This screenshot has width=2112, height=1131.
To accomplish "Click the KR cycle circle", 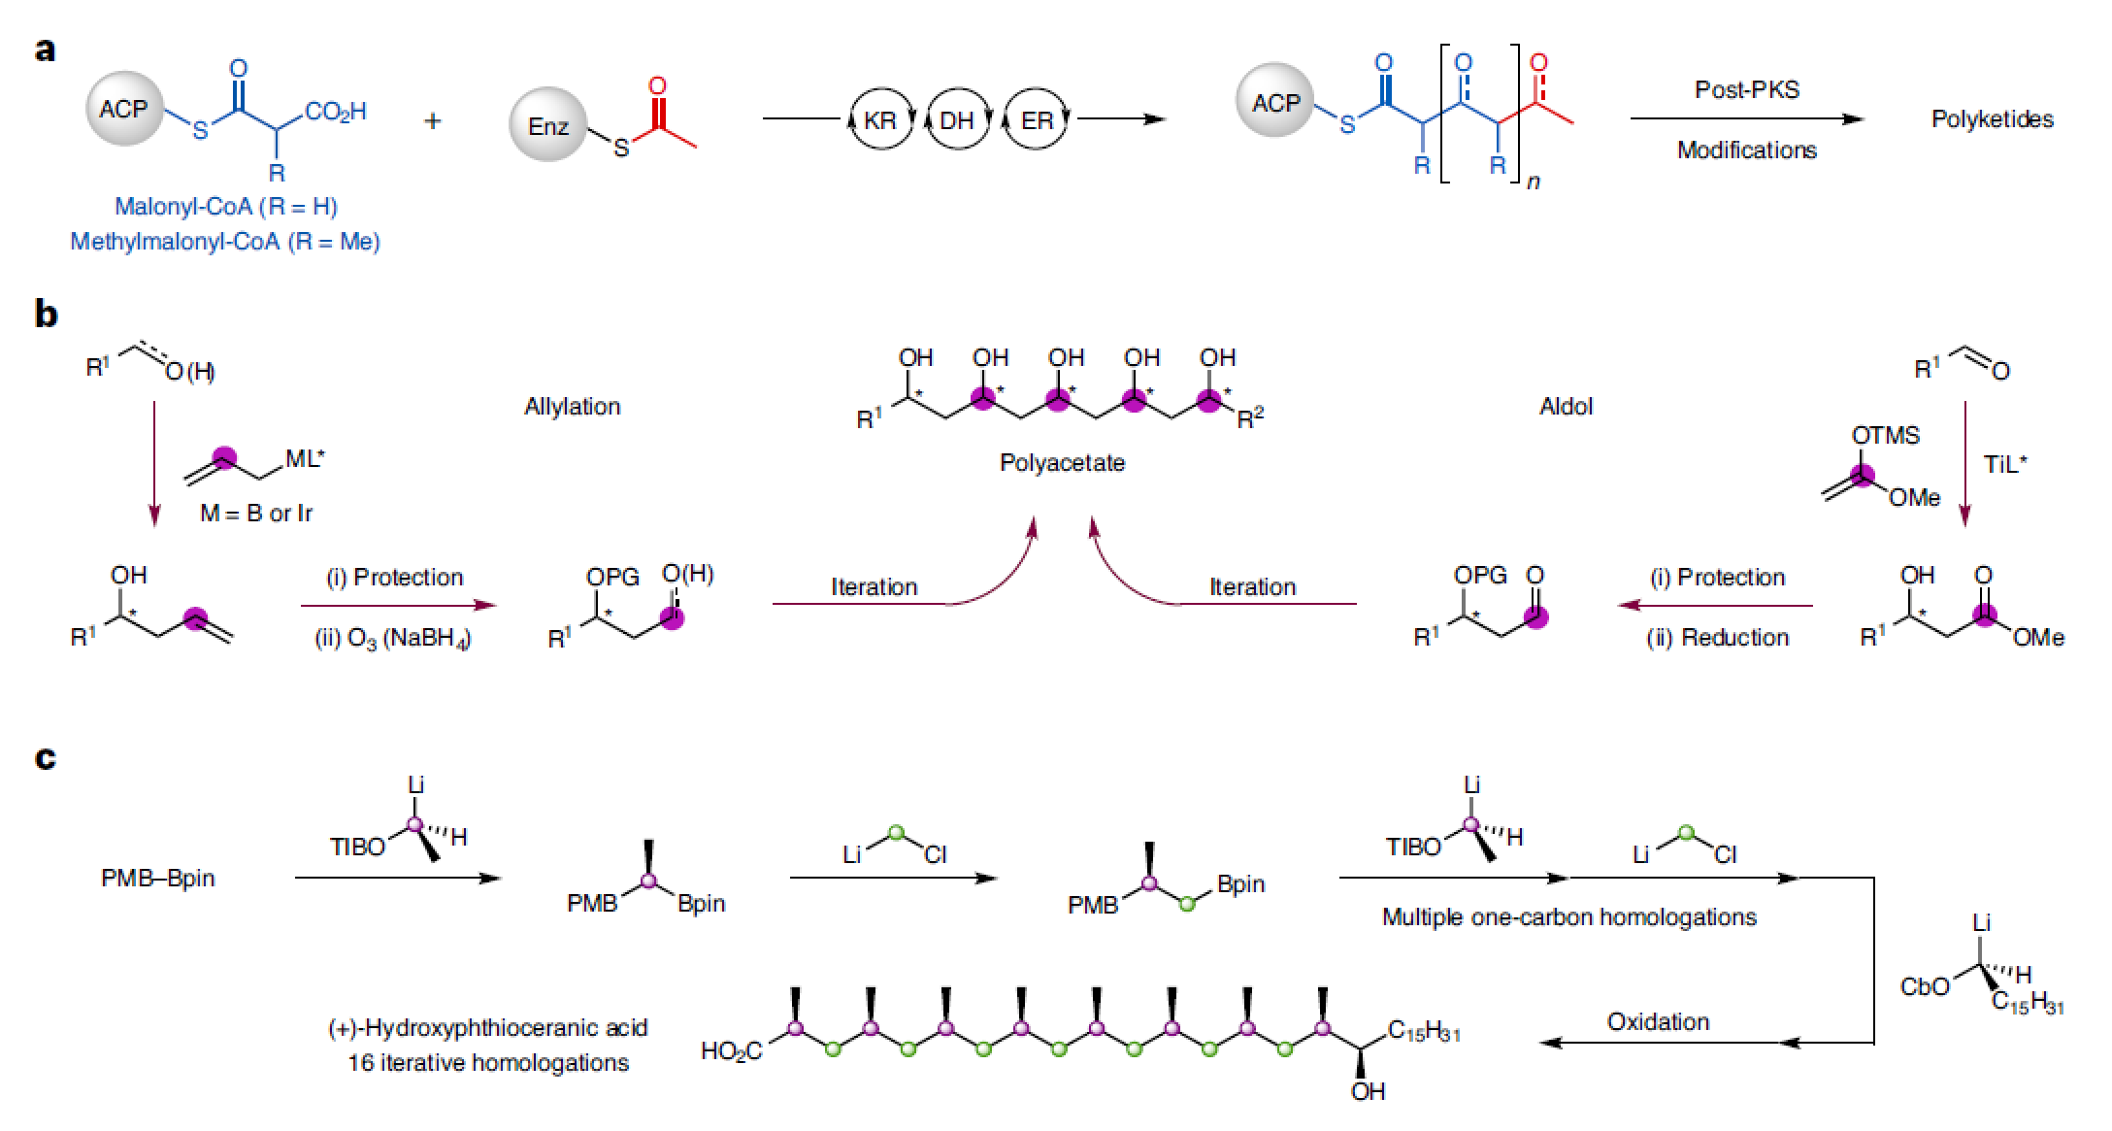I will [x=880, y=120].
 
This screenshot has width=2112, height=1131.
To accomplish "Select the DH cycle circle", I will [x=957, y=120].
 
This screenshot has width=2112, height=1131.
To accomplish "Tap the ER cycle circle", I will [x=1036, y=120].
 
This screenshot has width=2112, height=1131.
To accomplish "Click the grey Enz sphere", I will [x=548, y=125].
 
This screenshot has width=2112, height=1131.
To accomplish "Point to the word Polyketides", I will [x=1992, y=119].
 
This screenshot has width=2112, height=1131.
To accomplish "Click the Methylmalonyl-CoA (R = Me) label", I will [x=225, y=242].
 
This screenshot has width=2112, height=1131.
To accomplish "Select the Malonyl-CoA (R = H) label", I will [x=226, y=207].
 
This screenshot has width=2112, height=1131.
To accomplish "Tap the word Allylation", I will [x=572, y=407].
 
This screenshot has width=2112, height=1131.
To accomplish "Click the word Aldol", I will [x=1566, y=407].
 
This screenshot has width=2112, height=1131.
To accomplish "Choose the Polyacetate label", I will [x=1062, y=463].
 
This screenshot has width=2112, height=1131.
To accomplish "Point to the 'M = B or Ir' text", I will [x=256, y=514].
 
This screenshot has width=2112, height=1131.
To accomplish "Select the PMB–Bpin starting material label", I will [x=158, y=879].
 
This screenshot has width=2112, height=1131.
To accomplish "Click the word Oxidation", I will [x=1658, y=1022].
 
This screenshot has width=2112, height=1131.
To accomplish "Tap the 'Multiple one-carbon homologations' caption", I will [x=1568, y=917].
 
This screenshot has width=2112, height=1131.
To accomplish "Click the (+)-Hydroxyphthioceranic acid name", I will [x=487, y=1028].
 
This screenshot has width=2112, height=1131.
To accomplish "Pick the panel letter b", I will [x=46, y=315].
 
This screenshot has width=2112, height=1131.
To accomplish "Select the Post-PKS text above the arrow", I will [x=1746, y=90].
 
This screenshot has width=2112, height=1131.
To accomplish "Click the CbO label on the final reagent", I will [x=1924, y=987].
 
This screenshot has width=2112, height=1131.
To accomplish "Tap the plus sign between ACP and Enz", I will [x=433, y=121].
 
